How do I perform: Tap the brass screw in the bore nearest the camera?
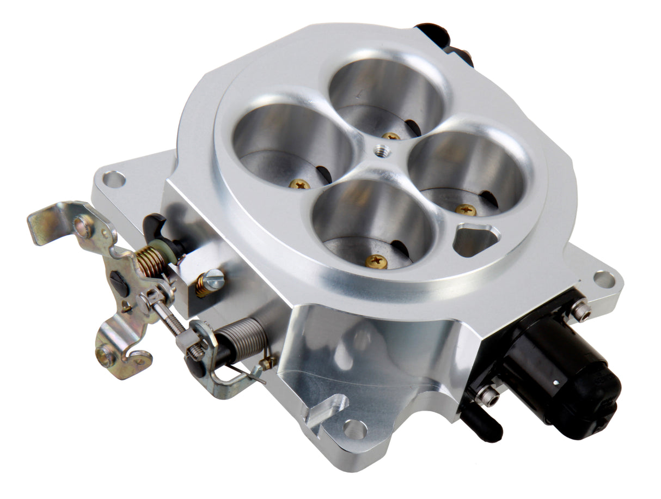376,261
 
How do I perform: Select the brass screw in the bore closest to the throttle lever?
299,185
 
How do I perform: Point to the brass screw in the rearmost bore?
391,136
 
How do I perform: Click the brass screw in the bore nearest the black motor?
466,210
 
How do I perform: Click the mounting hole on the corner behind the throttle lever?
114,179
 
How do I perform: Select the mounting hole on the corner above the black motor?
604,279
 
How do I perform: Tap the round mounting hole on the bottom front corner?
355,430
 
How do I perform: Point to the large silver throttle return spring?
246,339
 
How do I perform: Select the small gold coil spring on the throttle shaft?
150,260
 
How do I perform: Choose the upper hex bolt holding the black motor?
580,311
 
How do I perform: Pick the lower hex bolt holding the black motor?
487,396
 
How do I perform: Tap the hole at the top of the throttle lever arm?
83,226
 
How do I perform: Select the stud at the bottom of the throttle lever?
106,356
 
